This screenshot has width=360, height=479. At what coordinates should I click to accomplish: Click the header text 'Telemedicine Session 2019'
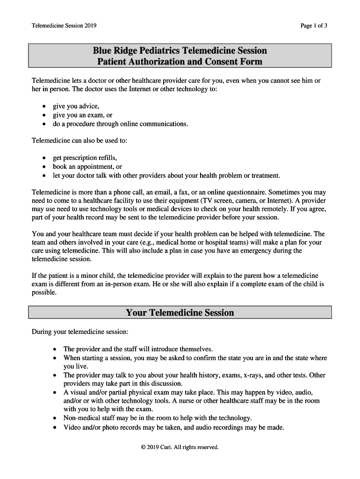click(64, 26)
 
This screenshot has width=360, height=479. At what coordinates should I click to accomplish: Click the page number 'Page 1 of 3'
click(314, 26)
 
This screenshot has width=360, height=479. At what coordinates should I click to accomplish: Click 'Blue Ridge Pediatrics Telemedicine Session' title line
click(180, 51)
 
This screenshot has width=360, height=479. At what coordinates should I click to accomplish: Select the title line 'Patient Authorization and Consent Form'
click(180, 62)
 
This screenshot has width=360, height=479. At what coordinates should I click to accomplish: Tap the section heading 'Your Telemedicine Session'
click(180, 312)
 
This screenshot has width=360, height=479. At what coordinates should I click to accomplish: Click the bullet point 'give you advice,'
click(76, 106)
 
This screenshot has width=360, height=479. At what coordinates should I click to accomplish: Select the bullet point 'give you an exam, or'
click(82, 115)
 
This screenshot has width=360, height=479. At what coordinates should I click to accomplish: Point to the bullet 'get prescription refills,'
click(85, 158)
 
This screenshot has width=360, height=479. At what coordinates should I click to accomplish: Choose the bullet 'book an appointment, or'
click(87, 167)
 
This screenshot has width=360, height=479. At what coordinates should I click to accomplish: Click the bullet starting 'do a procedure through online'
click(120, 124)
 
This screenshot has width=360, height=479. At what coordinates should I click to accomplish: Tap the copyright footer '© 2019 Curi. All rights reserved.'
click(180, 447)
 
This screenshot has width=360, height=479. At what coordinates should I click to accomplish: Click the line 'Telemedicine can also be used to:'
click(79, 140)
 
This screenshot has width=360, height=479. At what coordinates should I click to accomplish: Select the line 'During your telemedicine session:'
click(79, 332)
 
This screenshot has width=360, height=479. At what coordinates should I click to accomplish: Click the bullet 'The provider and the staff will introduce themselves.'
click(138, 349)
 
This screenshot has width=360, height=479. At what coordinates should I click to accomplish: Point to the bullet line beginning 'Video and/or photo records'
click(173, 427)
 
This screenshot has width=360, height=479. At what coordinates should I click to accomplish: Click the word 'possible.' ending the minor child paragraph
click(44, 293)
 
